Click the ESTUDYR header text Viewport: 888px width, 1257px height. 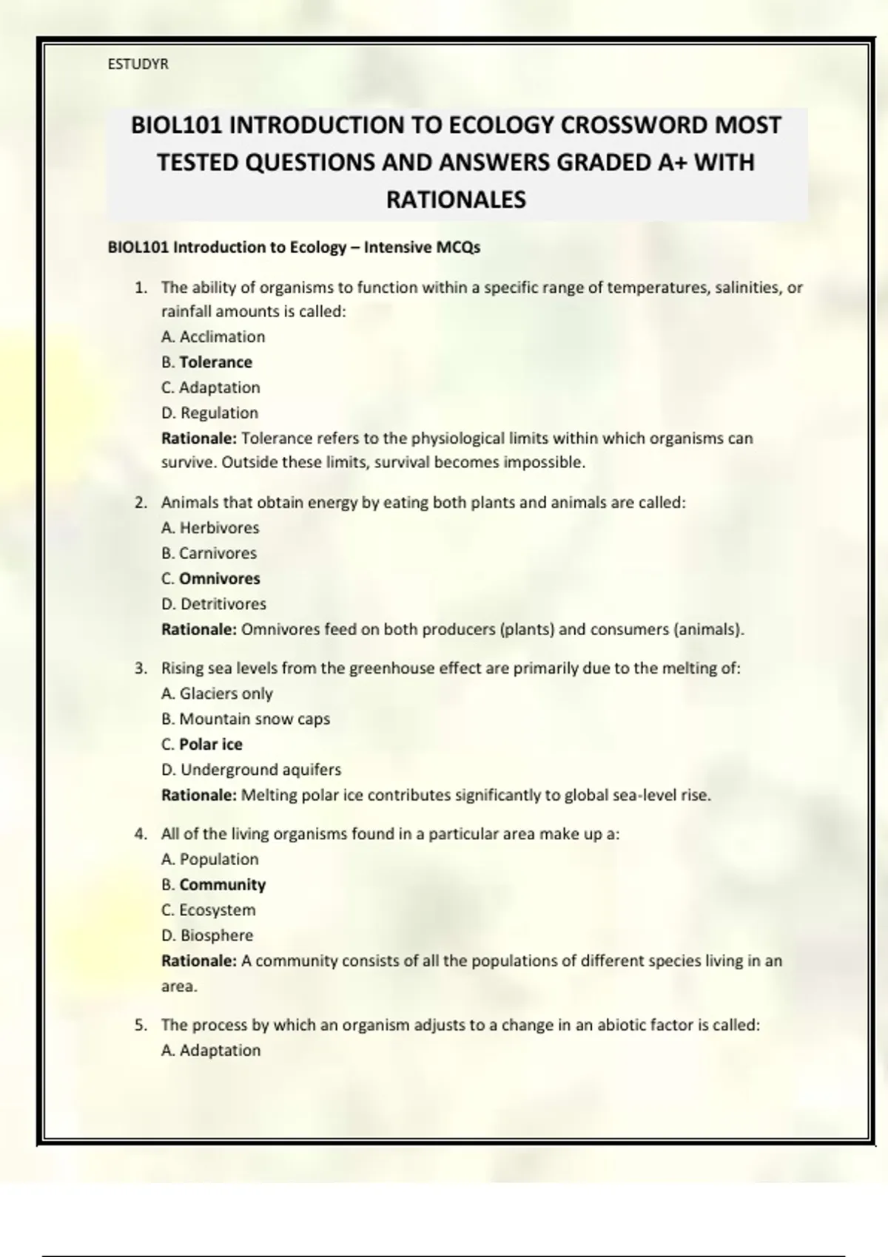tap(138, 64)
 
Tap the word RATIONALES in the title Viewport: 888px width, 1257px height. tap(456, 200)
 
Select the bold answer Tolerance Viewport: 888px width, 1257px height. tap(215, 362)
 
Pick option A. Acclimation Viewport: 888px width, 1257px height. tap(213, 337)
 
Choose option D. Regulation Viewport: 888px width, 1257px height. tap(209, 413)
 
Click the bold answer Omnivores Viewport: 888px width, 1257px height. tap(220, 578)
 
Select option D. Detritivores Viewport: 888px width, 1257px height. tap(213, 604)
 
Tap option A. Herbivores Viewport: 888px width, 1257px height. tap(210, 528)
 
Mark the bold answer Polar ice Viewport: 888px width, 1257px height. tap(211, 744)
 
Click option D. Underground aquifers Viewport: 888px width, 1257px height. tap(251, 770)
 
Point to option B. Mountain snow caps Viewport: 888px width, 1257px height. tap(246, 719)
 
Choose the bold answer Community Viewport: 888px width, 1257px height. tap(222, 884)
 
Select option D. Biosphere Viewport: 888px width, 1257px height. tap(207, 935)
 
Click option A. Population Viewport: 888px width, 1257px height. tap(210, 859)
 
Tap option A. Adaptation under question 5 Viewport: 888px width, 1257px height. tap(211, 1050)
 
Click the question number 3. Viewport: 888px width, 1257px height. tap(140, 668)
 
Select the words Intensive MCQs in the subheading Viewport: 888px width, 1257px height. tap(422, 248)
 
